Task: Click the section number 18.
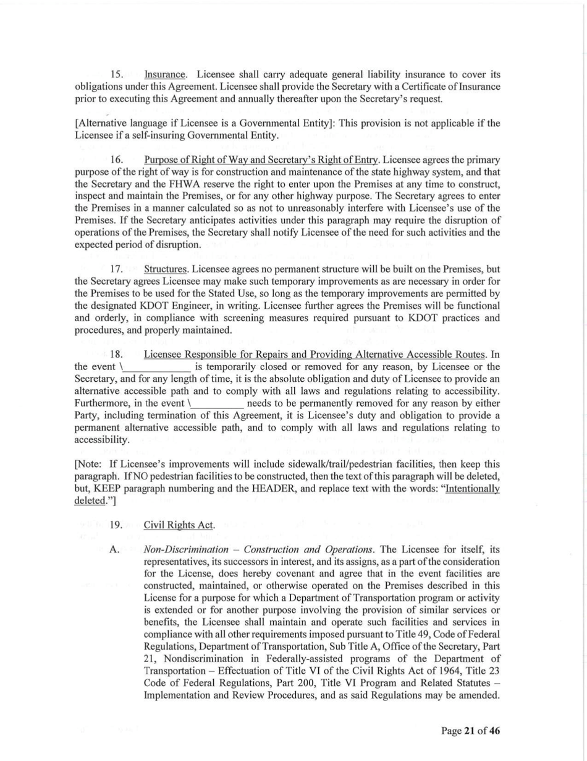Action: click(117, 355)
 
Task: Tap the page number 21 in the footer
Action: click(469, 731)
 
